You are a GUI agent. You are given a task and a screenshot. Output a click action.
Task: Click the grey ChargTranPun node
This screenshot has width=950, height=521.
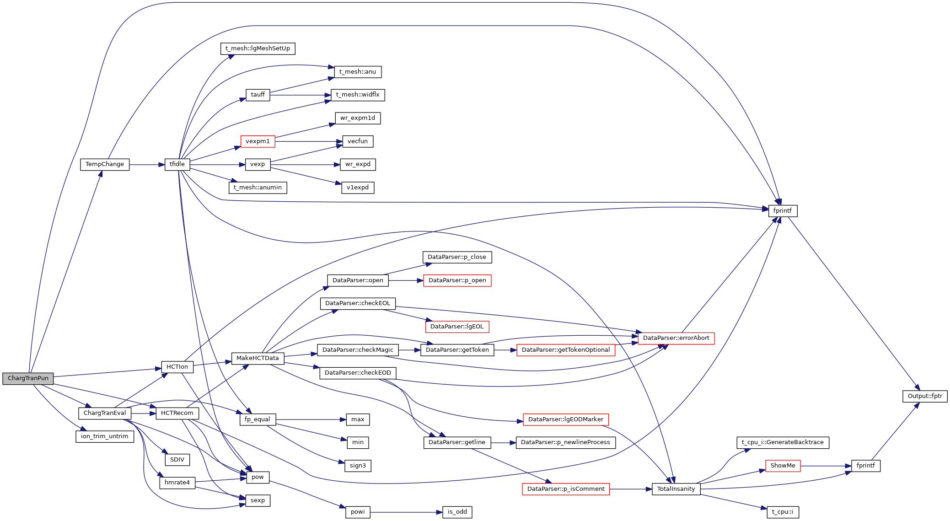[28, 378]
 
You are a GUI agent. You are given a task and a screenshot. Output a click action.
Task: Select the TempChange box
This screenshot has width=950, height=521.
[105, 164]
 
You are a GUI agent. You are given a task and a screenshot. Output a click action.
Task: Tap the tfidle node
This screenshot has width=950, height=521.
[177, 164]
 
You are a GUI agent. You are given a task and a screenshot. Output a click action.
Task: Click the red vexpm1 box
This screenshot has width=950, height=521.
[258, 141]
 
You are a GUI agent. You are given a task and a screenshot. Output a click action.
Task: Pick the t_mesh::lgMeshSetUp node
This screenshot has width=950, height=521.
[258, 48]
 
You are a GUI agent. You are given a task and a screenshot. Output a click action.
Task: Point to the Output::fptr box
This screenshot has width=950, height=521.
[925, 396]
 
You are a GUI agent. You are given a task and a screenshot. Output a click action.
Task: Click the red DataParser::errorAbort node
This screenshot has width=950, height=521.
[676, 338]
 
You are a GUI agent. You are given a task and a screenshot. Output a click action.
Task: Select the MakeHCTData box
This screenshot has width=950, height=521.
[258, 358]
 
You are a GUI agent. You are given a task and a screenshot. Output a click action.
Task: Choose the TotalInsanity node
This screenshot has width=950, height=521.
[676, 489]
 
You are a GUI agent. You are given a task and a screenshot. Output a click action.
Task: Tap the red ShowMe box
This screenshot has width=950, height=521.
[783, 466]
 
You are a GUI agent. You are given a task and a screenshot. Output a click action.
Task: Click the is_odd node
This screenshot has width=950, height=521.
[457, 512]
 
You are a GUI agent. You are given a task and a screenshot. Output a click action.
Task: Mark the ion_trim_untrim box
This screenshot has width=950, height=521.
[105, 436]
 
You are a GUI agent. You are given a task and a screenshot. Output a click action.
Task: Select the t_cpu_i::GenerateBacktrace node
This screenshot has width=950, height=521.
[783, 442]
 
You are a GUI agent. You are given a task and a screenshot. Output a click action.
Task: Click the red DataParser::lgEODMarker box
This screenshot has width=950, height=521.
[565, 419]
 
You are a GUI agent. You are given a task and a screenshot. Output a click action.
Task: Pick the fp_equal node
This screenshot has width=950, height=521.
[258, 419]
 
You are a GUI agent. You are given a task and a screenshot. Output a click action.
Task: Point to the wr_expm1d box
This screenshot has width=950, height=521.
[358, 118]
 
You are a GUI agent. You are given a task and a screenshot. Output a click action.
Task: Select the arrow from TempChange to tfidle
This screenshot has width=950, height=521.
[147, 165]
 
